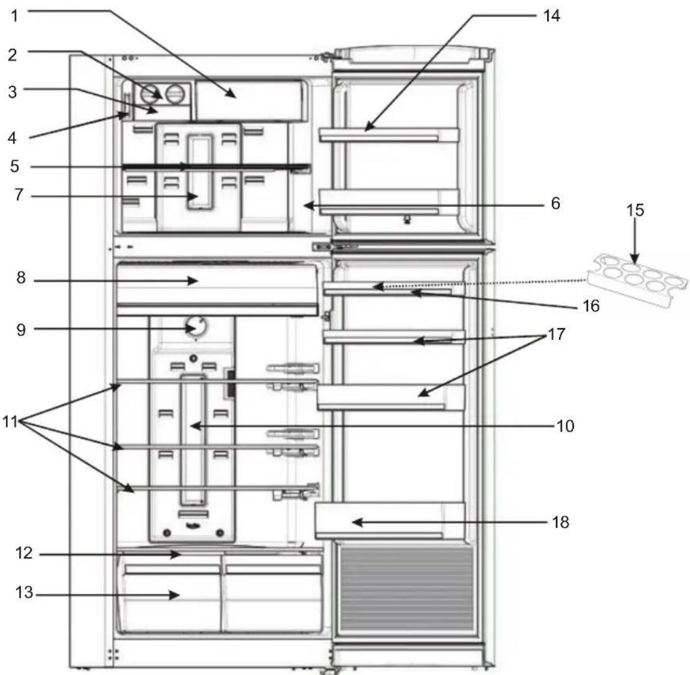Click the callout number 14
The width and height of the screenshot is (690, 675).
[551, 15]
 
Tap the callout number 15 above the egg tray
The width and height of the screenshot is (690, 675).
[635, 210]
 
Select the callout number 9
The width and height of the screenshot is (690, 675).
[21, 329]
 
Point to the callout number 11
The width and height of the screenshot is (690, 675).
[11, 422]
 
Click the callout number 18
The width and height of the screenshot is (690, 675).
[561, 522]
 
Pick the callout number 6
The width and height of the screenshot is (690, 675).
[555, 204]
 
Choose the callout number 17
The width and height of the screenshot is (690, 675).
[556, 334]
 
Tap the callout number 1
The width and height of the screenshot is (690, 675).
[15, 15]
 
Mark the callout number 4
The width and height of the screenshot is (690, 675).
[12, 138]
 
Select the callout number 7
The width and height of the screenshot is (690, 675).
[19, 195]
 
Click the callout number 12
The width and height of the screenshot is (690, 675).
[24, 553]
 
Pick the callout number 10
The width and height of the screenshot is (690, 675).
[565, 425]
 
